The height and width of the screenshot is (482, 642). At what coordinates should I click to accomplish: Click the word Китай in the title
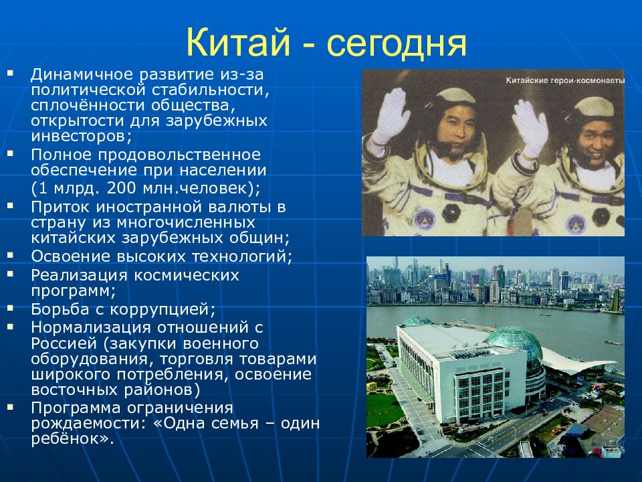pos(238,43)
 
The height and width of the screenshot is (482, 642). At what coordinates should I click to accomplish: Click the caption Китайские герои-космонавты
pos(565,81)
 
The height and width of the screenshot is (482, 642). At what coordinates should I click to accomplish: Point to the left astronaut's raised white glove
pos(392,116)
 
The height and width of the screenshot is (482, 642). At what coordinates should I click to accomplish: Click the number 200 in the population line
pos(122,187)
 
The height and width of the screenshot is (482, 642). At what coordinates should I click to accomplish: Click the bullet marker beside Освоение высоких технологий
pos(10,255)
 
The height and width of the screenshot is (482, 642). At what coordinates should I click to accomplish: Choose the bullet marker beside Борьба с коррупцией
pos(10,307)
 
